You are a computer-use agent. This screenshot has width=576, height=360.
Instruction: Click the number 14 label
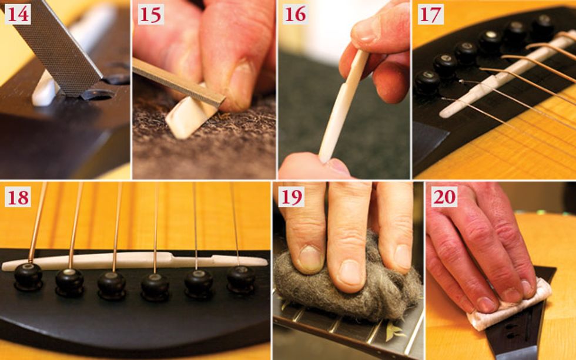click(18, 15)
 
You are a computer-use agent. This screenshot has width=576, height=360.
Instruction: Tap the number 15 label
click(150, 15)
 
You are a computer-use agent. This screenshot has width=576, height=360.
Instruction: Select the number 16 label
click(295, 15)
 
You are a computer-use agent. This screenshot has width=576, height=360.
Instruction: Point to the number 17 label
click(430, 15)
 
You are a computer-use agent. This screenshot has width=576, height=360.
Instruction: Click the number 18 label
click(18, 197)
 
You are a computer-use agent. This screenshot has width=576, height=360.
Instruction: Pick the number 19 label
click(291, 197)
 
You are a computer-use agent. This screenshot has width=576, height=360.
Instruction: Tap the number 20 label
click(444, 197)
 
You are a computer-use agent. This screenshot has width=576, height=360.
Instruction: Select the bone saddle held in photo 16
click(343, 106)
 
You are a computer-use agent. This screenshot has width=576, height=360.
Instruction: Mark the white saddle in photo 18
click(134, 261)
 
